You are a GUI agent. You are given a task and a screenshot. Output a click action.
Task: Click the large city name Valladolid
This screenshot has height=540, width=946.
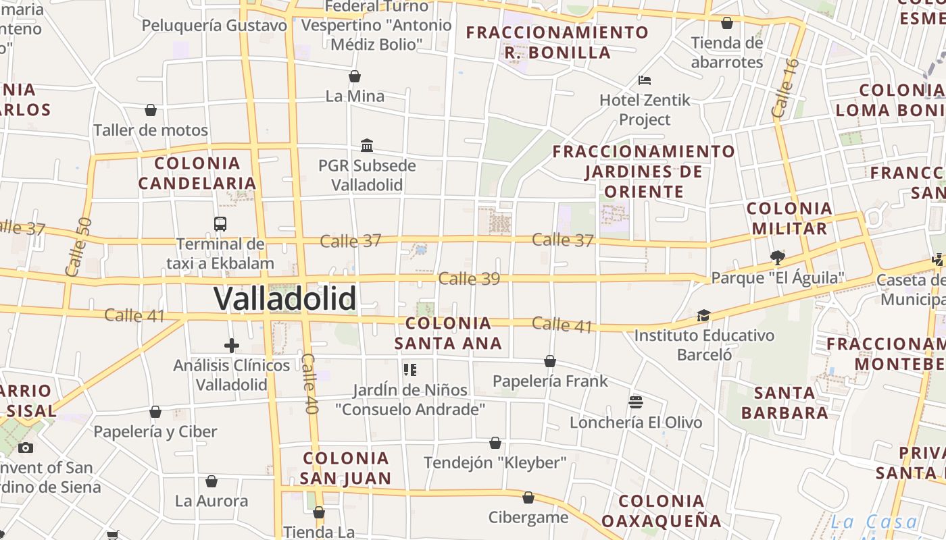284,298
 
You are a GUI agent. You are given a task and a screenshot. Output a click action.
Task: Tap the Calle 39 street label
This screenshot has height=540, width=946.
469,278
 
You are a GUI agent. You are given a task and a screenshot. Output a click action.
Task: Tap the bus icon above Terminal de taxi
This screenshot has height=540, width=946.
220,223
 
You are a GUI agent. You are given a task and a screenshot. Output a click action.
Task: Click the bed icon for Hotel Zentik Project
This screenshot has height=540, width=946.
645,80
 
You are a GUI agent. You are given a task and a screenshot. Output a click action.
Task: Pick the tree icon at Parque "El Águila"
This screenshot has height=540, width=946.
777,257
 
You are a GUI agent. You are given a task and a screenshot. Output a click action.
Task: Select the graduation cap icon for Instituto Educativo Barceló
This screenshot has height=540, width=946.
703,315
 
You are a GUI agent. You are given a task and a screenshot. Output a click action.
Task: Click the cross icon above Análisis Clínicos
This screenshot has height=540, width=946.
232,346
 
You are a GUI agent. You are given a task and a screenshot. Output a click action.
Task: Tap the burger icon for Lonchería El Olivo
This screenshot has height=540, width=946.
635,402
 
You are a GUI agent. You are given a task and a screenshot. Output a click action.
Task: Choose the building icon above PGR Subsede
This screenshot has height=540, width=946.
367,145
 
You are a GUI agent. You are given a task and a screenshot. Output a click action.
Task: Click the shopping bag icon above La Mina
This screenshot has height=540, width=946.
354,76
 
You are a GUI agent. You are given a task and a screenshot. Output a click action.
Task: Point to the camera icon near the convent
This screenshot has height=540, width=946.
25,448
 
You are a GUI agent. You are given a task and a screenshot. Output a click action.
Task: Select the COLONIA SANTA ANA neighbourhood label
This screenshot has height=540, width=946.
448,333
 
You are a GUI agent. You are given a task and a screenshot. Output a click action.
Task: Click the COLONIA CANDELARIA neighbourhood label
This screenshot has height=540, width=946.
197,173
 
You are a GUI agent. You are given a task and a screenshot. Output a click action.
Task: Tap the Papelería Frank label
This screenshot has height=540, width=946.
550,381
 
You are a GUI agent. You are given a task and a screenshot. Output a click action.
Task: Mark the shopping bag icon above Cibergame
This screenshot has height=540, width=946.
528,497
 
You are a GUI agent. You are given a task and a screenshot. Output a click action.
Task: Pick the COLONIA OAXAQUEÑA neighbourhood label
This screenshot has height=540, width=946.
662,511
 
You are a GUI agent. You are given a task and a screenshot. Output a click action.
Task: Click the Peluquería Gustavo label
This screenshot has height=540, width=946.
215,26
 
